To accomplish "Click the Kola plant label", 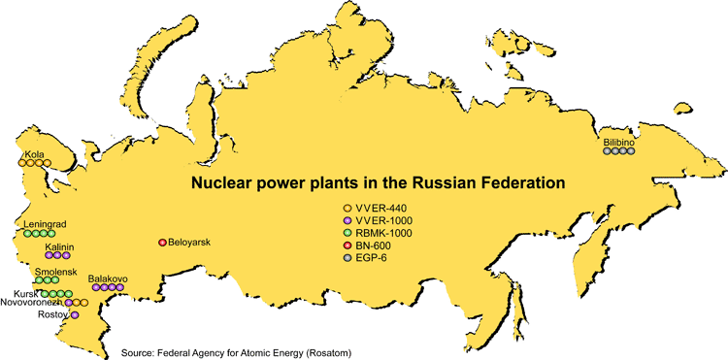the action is click(x=33, y=154).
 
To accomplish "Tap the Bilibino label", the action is click(x=618, y=143).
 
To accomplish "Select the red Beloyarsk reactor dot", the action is click(x=162, y=243).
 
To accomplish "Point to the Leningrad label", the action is click(x=45, y=224).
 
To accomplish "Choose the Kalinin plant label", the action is click(x=59, y=247).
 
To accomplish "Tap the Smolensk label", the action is click(x=55, y=272).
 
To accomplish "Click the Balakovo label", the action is click(x=108, y=278).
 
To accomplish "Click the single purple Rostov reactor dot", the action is click(x=75, y=315).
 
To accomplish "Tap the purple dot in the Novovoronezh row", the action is click(x=69, y=303).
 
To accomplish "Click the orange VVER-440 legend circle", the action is click(x=347, y=208).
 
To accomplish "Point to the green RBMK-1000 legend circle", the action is click(x=347, y=233).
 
